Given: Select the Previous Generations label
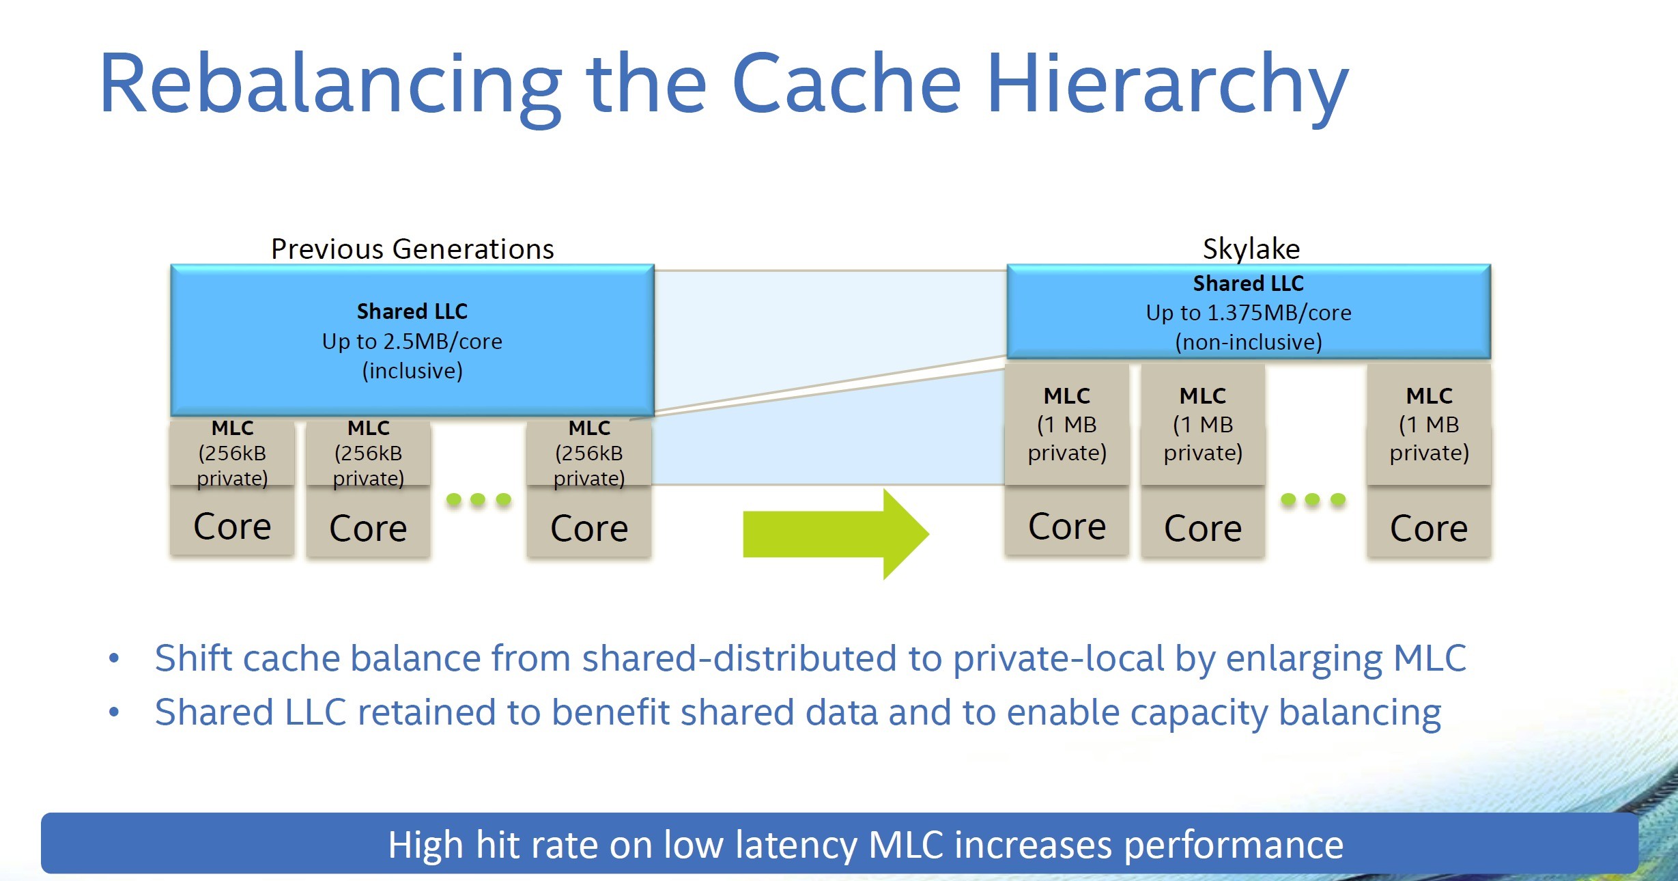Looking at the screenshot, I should pos(412,249).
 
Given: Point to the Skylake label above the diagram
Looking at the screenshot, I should pos(1251,249).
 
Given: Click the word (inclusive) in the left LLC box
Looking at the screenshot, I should pos(412,371).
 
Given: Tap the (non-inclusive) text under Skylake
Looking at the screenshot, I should pos(1248,342).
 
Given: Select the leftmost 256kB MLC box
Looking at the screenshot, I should pos(232,453).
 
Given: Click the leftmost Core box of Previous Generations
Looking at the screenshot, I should pos(232,526).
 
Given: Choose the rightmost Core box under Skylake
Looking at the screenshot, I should pos(1428,528).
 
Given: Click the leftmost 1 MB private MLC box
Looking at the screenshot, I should pos(1066,425).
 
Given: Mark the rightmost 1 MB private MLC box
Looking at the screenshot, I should pos(1429,425).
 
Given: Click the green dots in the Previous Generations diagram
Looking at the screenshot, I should pos(478,499).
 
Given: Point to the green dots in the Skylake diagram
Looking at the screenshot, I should pos(1313,499).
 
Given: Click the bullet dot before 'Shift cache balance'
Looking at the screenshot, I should pos(114,658).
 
